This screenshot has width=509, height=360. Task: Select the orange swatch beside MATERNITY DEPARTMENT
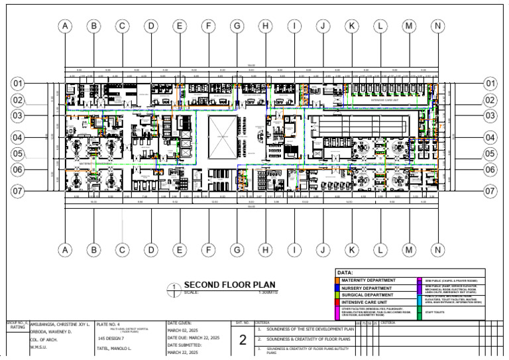click(339, 281)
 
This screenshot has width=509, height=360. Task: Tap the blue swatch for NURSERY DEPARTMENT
click(339, 288)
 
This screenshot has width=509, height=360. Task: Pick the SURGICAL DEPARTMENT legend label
click(367, 296)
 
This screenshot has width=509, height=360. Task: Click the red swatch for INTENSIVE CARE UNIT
click(339, 303)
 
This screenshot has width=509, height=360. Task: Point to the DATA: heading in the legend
click(345, 272)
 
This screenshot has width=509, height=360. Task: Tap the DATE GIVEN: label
click(181, 324)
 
